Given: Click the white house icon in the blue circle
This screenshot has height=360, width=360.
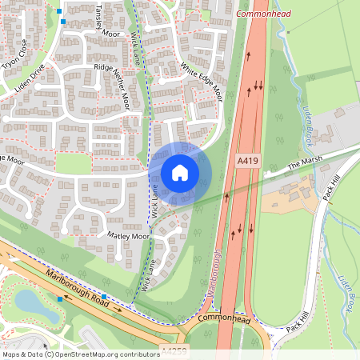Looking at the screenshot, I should pyautogui.click(x=180, y=173).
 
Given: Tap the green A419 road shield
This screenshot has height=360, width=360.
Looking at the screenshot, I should pyautogui.click(x=248, y=162).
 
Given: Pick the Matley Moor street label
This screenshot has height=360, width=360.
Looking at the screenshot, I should pyautogui.click(x=128, y=237).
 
